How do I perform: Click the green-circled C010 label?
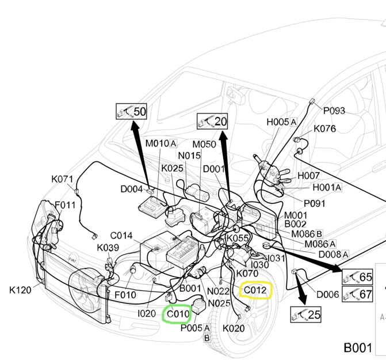coord(177,314)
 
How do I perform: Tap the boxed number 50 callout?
coord(132,111)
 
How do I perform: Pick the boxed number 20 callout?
coord(212,121)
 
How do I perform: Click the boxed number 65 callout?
coord(358,278)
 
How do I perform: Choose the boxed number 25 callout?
coord(306,314)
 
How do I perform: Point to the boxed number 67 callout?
coord(358,295)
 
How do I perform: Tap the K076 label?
coord(325,129)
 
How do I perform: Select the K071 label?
coord(63,179)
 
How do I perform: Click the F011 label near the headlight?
coord(65,204)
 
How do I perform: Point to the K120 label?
coord(21,290)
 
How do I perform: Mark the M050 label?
coord(204,144)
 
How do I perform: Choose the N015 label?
coord(189,156)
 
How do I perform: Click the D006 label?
coord(328,294)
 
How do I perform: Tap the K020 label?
coord(234,328)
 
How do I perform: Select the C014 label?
coord(121,236)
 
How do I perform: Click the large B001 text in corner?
coord(359,348)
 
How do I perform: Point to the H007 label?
coord(308,175)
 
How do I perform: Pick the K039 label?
coord(108,248)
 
